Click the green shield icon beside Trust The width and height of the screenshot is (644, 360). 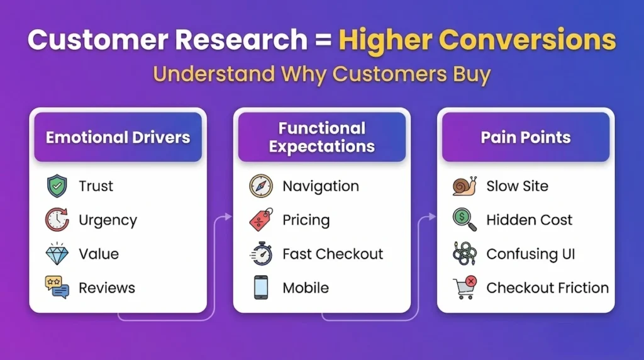point(57,186)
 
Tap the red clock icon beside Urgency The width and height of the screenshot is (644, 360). point(57,220)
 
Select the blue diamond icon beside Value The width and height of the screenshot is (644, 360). point(57,254)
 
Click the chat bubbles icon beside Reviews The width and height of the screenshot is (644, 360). point(57,288)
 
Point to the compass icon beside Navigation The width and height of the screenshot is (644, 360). point(260,186)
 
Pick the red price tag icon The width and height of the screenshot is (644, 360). point(261,220)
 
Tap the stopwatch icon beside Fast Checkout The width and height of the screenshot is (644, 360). point(260,254)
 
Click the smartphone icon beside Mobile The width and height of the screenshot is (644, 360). point(260,288)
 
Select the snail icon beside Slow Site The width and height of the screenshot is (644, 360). point(464,186)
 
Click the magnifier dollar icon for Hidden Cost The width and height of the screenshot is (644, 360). point(464,220)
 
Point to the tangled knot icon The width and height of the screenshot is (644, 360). point(464,254)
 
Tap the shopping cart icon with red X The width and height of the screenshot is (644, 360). point(464,288)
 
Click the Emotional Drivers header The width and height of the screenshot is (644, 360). point(118,137)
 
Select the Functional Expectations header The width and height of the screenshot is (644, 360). point(321,137)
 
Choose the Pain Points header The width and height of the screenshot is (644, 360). point(526,137)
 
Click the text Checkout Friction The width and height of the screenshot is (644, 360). point(547,288)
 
